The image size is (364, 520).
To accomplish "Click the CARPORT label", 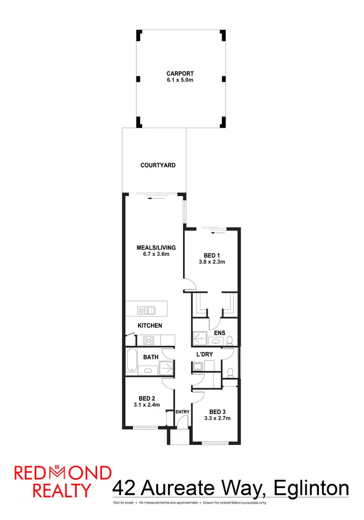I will point(180,74).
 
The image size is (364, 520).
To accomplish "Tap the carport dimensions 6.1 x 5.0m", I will point(180,80).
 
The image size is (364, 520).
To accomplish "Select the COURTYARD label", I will point(158,166).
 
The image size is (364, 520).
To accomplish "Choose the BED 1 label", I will point(212,255).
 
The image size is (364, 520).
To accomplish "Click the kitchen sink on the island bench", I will point(146,309).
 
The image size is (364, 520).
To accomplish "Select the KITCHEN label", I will point(149,325).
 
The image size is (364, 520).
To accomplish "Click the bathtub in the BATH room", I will point(131,361).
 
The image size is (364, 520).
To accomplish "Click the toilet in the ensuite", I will point(232,339).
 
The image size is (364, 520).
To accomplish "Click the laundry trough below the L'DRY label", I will point(197,367).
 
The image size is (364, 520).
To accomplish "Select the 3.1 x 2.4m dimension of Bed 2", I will point(147,404).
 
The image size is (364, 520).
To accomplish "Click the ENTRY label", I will point(182,412).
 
